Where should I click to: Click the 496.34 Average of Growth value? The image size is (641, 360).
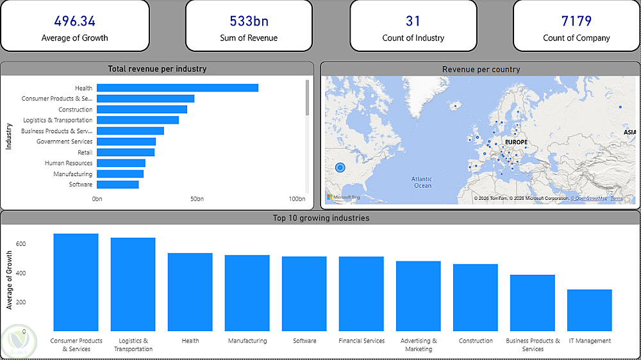click(74, 21)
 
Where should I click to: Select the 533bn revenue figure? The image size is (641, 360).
click(249, 21)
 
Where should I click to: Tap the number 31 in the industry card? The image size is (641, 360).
click(413, 21)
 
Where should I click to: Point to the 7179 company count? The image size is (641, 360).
click(576, 21)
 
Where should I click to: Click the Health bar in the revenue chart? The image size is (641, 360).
click(178, 88)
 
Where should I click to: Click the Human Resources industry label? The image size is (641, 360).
click(69, 163)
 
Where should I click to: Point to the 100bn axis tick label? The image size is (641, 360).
click(297, 199)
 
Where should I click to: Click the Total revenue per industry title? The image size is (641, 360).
click(157, 69)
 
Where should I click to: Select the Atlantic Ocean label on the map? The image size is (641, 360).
click(422, 183)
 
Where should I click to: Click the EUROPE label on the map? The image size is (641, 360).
click(516, 142)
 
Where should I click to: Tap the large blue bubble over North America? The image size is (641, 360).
click(340, 168)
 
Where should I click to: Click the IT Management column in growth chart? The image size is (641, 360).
click(590, 310)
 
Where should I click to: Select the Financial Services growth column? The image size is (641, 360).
click(362, 293)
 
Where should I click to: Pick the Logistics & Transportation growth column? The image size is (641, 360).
click(133, 284)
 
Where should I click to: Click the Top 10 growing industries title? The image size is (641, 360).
click(320, 218)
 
